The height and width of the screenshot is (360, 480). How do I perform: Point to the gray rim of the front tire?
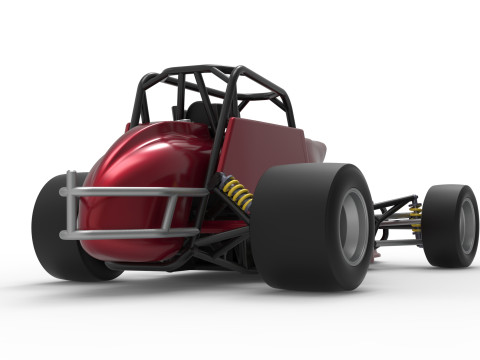point(467,226)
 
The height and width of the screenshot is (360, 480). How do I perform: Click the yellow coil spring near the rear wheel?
point(238,194)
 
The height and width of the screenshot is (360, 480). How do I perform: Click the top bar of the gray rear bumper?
point(120,190)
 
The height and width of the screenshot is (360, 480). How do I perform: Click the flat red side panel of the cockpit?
point(260,150)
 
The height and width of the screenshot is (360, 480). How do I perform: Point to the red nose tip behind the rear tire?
point(318,152)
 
